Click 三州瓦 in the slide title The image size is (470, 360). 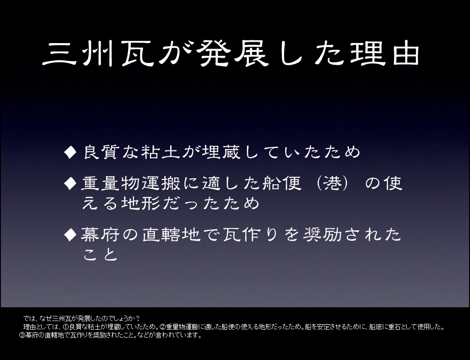[99, 54]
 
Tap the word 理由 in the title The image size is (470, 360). [385, 54]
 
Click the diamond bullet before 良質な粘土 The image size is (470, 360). [70, 152]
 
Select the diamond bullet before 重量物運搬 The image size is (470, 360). [70, 183]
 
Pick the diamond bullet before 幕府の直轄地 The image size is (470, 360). [70, 234]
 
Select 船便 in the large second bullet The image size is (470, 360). [282, 183]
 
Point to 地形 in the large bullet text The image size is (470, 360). [140, 203]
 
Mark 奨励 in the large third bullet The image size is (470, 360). [323, 234]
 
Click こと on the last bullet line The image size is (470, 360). [100, 255]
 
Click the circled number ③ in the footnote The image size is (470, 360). [22, 335]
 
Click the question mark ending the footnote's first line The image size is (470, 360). [138, 318]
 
